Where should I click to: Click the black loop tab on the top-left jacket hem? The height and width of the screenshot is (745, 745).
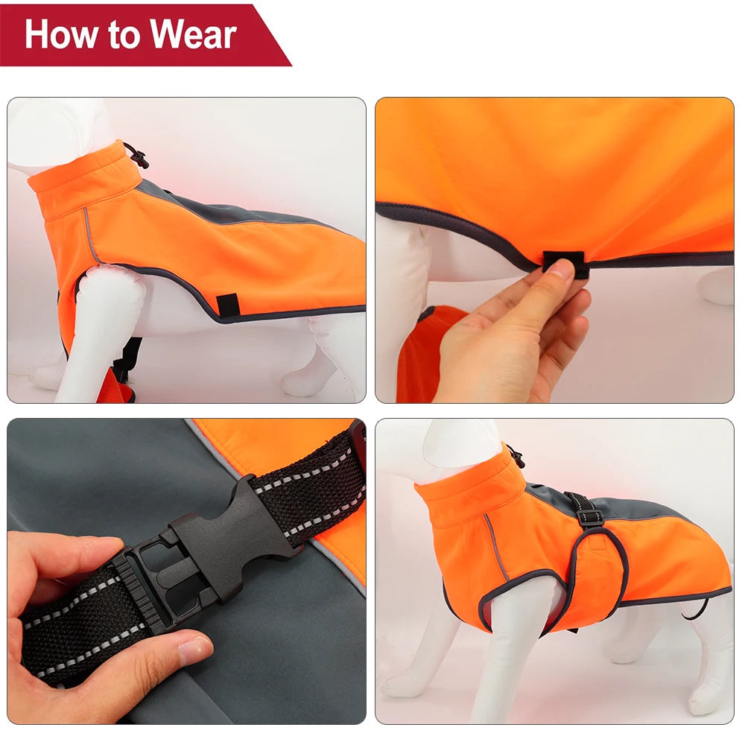(227, 304)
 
